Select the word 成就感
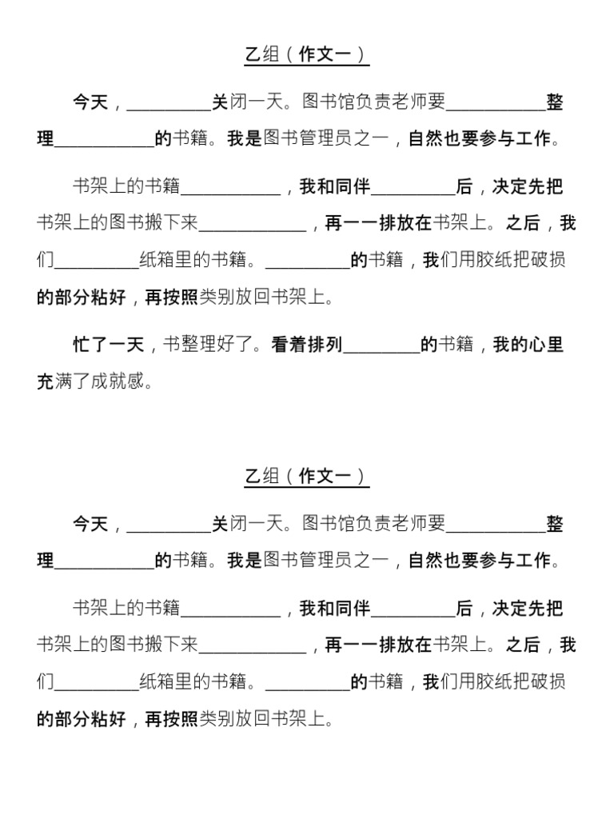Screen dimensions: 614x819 point(126,382)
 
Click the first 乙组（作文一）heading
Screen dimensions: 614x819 point(306,55)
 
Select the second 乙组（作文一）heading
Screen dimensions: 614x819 point(306,477)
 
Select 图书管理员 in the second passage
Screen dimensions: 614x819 point(308,561)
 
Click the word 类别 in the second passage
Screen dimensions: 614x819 point(216,719)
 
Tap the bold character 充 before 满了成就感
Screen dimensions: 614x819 point(46,382)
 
